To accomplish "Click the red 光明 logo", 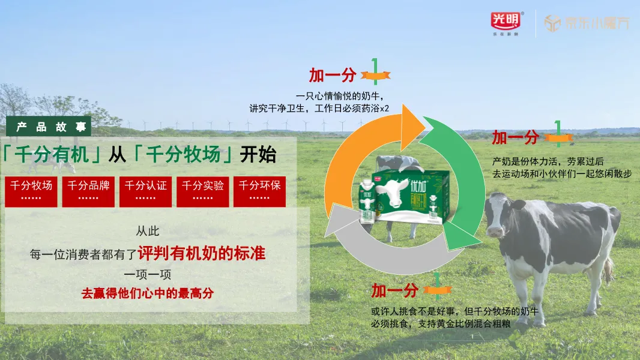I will pos(507,22).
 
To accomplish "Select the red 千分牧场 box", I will pos(31,191).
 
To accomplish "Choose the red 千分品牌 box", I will pos(88,191).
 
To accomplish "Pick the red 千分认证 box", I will pos(146,191).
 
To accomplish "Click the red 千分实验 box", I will pos(203,191).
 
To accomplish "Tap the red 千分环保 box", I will pos(259,191).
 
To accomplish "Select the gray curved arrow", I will pos(384,252).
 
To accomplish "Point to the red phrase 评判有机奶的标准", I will pos(202,253).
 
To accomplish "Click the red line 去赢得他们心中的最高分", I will pos(148,293).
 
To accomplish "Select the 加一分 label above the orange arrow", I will pos(333,76).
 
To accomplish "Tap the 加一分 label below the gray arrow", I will pos(394,291).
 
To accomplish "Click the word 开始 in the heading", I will pos(258,154).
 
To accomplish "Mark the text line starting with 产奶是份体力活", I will pos(548,161).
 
